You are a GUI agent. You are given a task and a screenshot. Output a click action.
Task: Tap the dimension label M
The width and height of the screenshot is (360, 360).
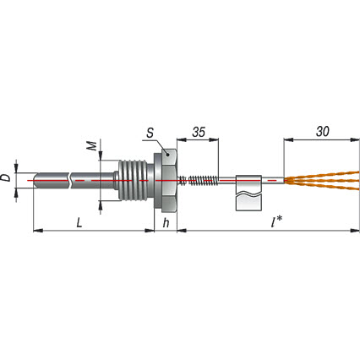(91, 145)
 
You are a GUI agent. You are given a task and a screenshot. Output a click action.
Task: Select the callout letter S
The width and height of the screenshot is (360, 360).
(150, 133)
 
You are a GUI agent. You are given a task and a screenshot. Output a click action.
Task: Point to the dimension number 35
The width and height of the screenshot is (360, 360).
(199, 132)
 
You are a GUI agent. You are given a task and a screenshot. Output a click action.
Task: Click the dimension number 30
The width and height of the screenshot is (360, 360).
(322, 131)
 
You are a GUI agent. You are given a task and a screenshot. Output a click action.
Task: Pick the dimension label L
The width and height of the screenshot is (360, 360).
(79, 223)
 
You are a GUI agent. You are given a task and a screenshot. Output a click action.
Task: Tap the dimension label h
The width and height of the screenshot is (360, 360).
(166, 223)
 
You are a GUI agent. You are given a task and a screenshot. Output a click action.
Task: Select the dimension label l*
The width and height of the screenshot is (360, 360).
(275, 222)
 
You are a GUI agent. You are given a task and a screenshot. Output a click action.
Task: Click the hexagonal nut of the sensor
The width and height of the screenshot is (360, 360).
(165, 180)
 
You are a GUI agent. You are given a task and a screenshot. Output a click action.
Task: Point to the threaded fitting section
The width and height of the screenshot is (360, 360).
(133, 180)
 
